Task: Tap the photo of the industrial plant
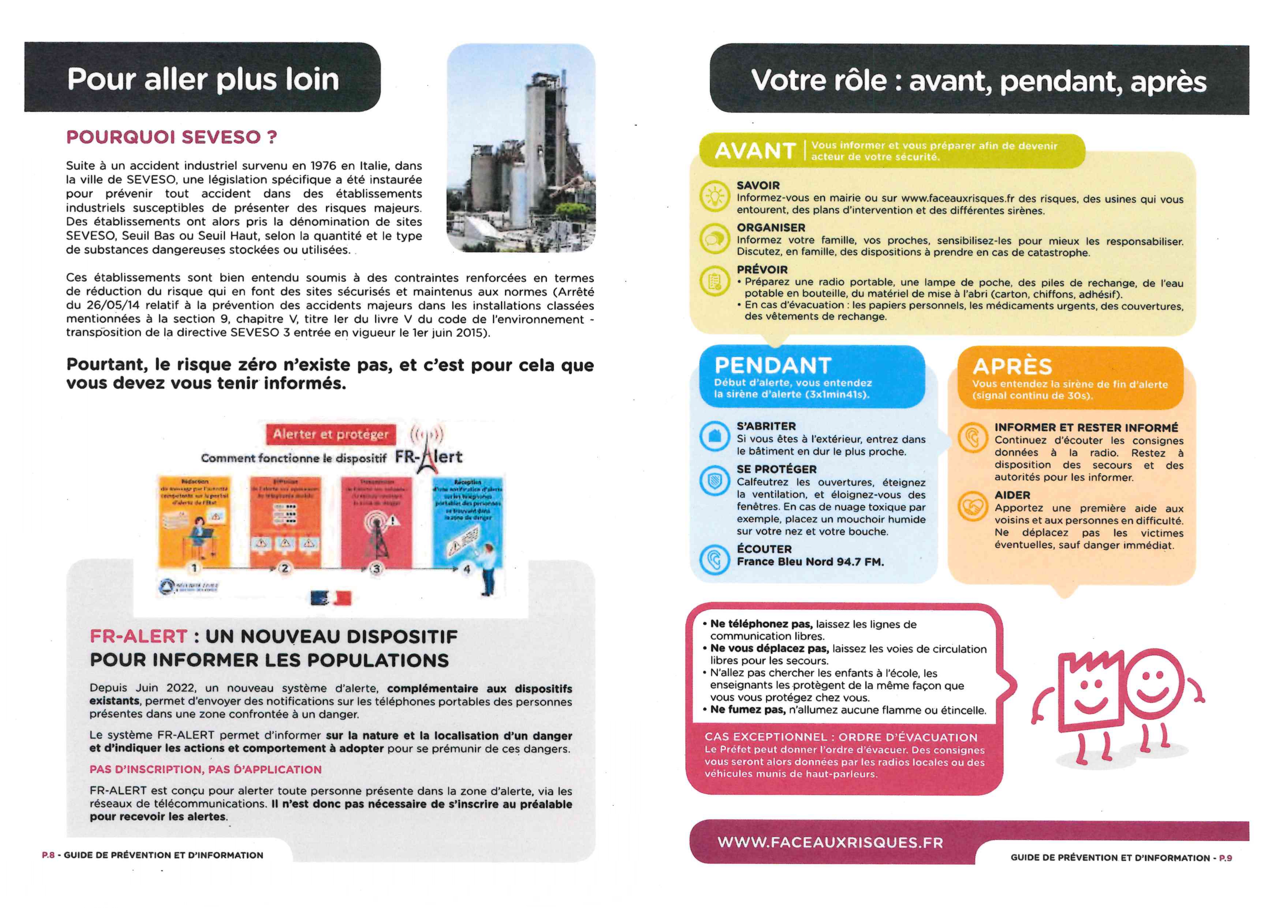pos(520,148)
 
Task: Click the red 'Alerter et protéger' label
pos(331,434)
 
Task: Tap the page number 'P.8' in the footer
pos(48,855)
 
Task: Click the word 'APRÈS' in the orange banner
pos(1012,367)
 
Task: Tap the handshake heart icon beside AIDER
pos(973,506)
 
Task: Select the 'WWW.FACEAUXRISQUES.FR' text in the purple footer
pos(830,842)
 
